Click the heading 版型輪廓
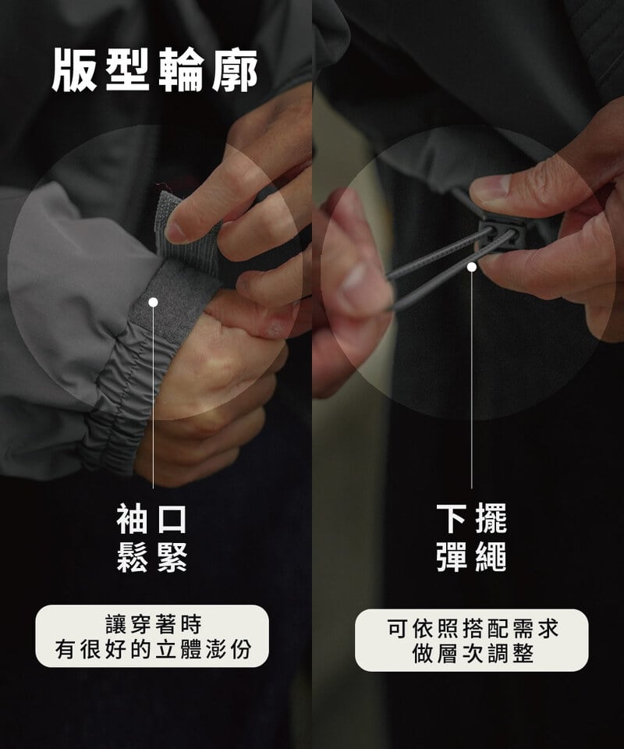[154, 69]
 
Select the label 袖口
[153, 519]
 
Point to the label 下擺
[471, 519]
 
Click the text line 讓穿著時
[153, 624]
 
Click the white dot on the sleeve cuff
[153, 302]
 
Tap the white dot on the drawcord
[471, 267]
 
